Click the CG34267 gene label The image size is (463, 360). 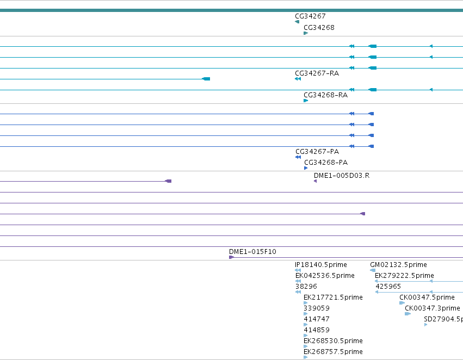click(310, 16)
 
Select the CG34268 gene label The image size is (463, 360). click(319, 28)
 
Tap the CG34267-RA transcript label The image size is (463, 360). click(317, 73)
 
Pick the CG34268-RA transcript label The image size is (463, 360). click(326, 95)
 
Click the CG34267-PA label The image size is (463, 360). click(317, 152)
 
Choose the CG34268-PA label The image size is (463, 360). click(326, 163)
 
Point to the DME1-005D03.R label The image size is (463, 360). click(342, 176)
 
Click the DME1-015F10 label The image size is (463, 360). click(252, 252)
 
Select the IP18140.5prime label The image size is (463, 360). click(320, 265)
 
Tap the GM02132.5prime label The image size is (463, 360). click(398, 265)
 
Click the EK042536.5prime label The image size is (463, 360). click(325, 276)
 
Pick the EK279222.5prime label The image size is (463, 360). click(404, 276)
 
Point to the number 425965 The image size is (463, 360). click(388, 287)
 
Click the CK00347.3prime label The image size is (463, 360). click(433, 308)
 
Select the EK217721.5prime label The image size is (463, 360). click(333, 297)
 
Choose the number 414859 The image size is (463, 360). click(316, 330)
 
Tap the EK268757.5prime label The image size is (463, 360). click(333, 352)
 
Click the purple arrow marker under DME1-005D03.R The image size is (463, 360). click(316, 181)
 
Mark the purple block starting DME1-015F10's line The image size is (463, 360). click(232, 257)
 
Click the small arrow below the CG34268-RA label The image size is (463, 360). click(306, 101)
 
